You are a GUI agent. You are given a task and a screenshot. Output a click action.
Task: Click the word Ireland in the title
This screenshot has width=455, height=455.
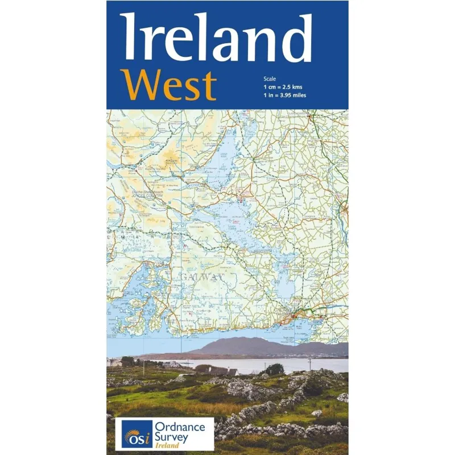click(216, 38)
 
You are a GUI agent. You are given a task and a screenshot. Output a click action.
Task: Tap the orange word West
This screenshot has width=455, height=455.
click(169, 85)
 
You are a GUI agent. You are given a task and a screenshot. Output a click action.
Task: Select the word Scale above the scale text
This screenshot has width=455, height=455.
click(268, 77)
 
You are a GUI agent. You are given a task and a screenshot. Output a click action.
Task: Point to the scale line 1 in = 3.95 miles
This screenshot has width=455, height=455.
click(285, 95)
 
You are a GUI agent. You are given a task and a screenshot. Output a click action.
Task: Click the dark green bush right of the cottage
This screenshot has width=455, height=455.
click(275, 370)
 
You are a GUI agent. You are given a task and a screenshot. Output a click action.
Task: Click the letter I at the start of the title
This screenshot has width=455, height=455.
click(128, 38)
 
